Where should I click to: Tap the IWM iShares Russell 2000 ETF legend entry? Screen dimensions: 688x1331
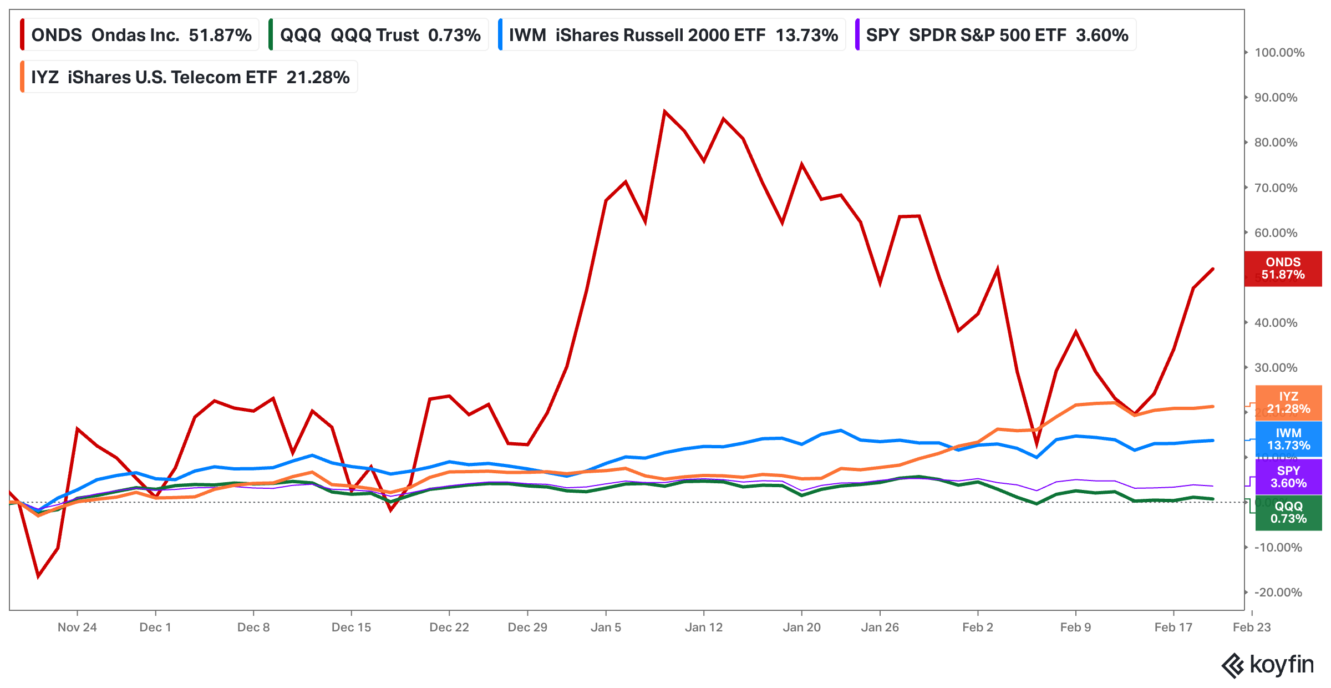[x=673, y=35]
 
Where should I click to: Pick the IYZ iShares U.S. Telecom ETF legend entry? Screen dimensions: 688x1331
[x=190, y=77]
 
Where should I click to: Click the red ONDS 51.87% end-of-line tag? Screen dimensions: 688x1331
[x=1283, y=269]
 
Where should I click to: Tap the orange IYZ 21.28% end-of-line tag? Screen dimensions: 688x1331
[x=1288, y=403]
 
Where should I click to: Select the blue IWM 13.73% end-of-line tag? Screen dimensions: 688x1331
[x=1288, y=439]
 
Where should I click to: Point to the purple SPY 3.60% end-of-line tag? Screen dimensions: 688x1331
[x=1288, y=477]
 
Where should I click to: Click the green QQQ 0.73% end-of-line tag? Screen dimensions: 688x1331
[x=1288, y=513]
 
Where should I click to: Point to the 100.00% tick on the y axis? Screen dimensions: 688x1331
[x=1279, y=53]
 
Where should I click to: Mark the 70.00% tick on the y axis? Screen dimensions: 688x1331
[x=1276, y=188]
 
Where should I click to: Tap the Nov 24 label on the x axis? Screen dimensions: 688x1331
[x=77, y=628]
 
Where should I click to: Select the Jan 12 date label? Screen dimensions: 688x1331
[x=704, y=628]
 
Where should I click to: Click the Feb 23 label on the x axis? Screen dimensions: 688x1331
[x=1252, y=628]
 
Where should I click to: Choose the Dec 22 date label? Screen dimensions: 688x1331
[x=449, y=628]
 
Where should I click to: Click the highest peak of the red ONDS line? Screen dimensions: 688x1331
[x=664, y=112]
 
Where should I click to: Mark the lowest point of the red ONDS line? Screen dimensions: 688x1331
[x=38, y=576]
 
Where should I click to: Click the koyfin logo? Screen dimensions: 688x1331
[x=1268, y=665]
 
